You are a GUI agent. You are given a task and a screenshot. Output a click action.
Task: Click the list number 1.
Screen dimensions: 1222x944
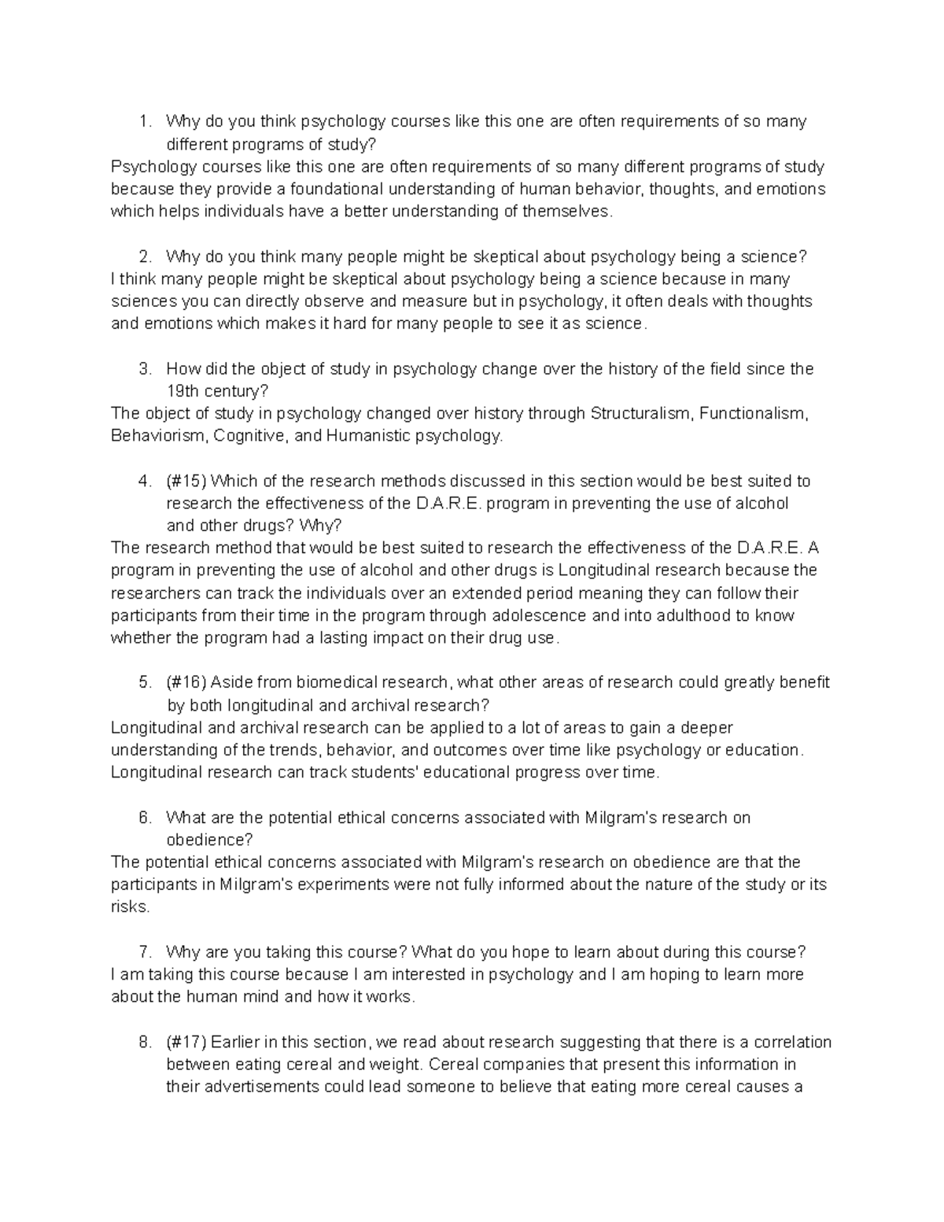click(x=142, y=122)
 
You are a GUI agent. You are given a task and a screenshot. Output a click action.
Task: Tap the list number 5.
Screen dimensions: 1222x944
click(x=143, y=682)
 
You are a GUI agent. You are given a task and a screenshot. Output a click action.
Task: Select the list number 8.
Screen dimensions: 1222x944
click(x=143, y=1043)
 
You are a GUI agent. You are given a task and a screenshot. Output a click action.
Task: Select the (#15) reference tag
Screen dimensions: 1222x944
click(x=186, y=481)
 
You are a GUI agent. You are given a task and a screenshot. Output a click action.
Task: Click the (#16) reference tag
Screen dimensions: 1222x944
click(x=186, y=682)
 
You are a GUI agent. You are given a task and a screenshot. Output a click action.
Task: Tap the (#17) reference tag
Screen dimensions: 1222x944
click(x=186, y=1043)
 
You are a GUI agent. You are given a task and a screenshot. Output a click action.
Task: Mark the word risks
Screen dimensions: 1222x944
click(x=129, y=906)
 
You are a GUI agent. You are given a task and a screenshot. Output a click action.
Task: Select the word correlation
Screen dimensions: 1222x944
click(x=792, y=1043)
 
